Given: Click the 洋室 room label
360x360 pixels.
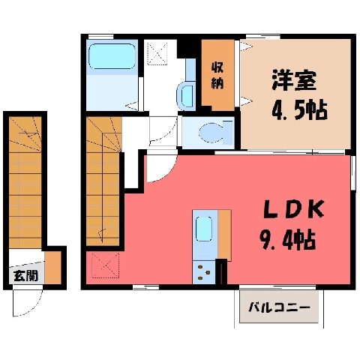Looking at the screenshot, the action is (x=294, y=80).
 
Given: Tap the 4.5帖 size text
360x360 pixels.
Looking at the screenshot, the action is (x=299, y=109).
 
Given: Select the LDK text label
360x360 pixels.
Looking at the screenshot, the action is (x=293, y=208).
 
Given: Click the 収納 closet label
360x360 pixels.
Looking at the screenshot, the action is (x=217, y=76).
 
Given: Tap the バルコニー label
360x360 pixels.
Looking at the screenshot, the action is (x=279, y=307).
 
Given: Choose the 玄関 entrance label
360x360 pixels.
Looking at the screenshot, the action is (x=25, y=275).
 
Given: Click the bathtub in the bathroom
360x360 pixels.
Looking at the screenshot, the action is (x=112, y=56).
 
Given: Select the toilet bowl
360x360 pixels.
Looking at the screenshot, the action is (x=212, y=133).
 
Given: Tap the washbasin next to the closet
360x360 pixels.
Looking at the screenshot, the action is (x=185, y=96).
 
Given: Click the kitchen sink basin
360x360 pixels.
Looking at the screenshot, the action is (x=204, y=229).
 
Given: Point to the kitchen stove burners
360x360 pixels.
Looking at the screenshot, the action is (x=203, y=272).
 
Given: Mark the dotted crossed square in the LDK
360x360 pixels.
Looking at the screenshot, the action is (x=106, y=265).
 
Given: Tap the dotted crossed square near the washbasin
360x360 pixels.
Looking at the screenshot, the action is (x=157, y=54).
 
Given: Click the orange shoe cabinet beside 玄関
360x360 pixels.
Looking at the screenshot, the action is (x=53, y=268).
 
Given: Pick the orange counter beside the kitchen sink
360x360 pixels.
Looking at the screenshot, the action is (x=224, y=235).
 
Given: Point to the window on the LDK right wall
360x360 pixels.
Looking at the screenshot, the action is (x=353, y=172).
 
